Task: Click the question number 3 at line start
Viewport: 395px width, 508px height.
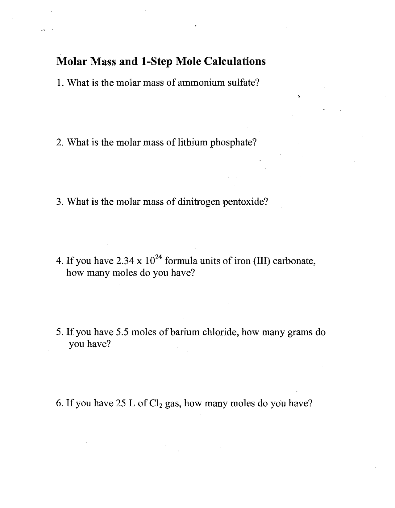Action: [59, 202]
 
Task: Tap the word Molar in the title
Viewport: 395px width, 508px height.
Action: [71, 61]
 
